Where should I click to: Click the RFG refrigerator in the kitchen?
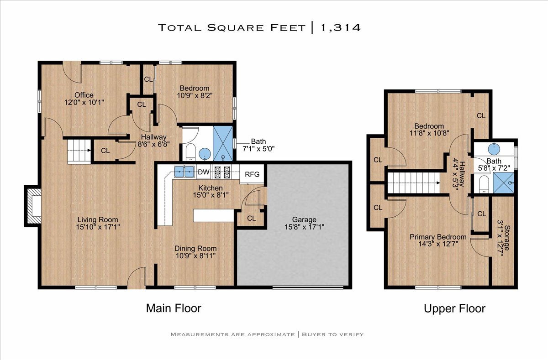[x=252, y=174]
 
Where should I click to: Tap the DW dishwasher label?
[x=204, y=172]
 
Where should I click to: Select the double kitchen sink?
[x=184, y=171]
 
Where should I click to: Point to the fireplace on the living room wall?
[x=32, y=206]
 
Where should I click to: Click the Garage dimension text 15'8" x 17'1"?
[x=304, y=227]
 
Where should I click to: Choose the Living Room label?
[x=98, y=220]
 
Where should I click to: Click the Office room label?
[x=84, y=95]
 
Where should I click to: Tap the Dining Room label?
[x=195, y=249]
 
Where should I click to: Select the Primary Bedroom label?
[x=438, y=237]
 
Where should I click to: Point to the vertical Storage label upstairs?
[x=507, y=238]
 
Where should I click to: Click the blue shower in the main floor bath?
[x=223, y=143]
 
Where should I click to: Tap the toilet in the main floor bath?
[x=190, y=152]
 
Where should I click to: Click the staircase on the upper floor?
[x=413, y=183]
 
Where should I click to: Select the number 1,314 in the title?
[x=340, y=27]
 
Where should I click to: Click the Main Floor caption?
[x=174, y=308]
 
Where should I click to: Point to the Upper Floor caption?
[x=454, y=309]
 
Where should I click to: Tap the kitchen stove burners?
[x=222, y=172]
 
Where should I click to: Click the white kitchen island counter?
[x=214, y=215]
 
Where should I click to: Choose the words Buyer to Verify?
[x=333, y=334]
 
